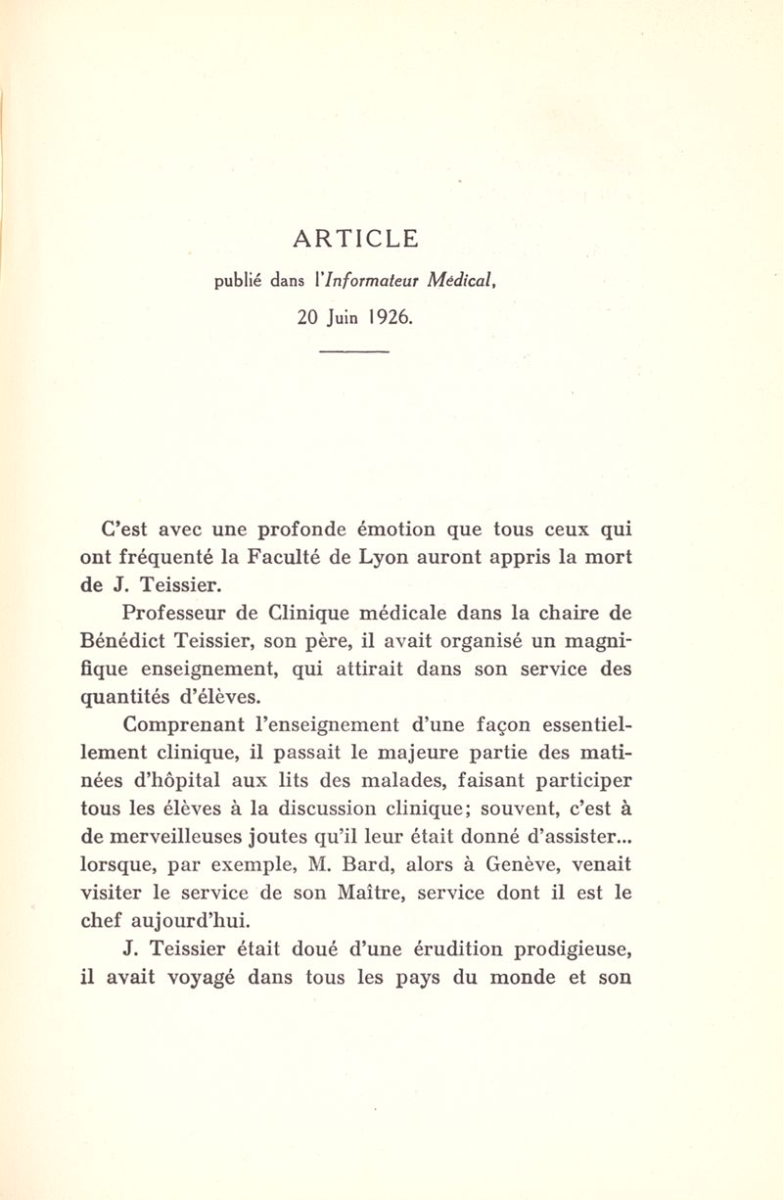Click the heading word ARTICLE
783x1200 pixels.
pyautogui.click(x=354, y=238)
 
